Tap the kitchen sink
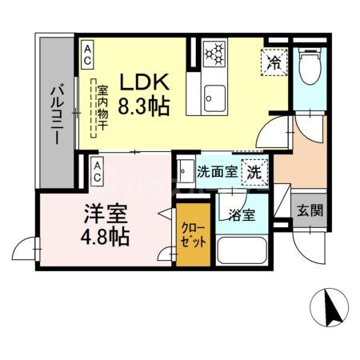click(x=214, y=98)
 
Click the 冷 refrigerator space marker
click(x=274, y=60)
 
